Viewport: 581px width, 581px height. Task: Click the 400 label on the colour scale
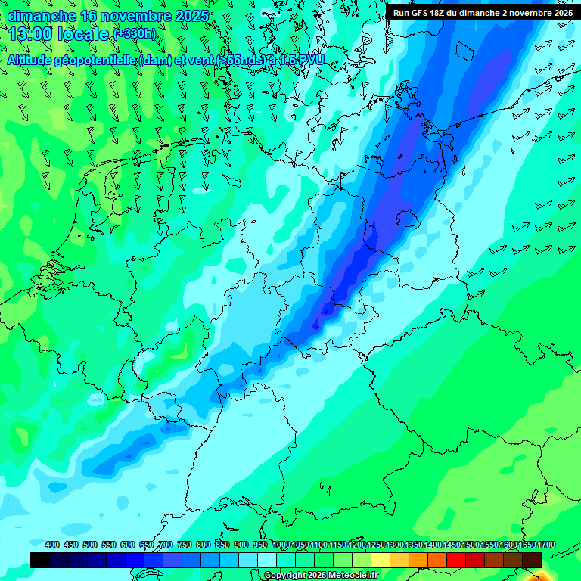coord(52,545)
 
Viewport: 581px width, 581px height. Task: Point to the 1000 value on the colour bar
coord(281,545)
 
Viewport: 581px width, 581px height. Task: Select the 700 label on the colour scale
coord(166,545)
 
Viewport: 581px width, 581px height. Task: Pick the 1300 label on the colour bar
coord(395,545)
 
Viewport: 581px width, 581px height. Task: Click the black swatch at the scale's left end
coord(40,560)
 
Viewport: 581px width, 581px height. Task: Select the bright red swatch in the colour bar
coord(456,560)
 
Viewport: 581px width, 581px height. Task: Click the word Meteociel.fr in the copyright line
coord(349,576)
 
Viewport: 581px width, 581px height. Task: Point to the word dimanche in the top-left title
coord(42,16)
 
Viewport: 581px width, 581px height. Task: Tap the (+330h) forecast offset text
coord(135,33)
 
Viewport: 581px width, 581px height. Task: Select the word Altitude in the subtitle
coord(31,59)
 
